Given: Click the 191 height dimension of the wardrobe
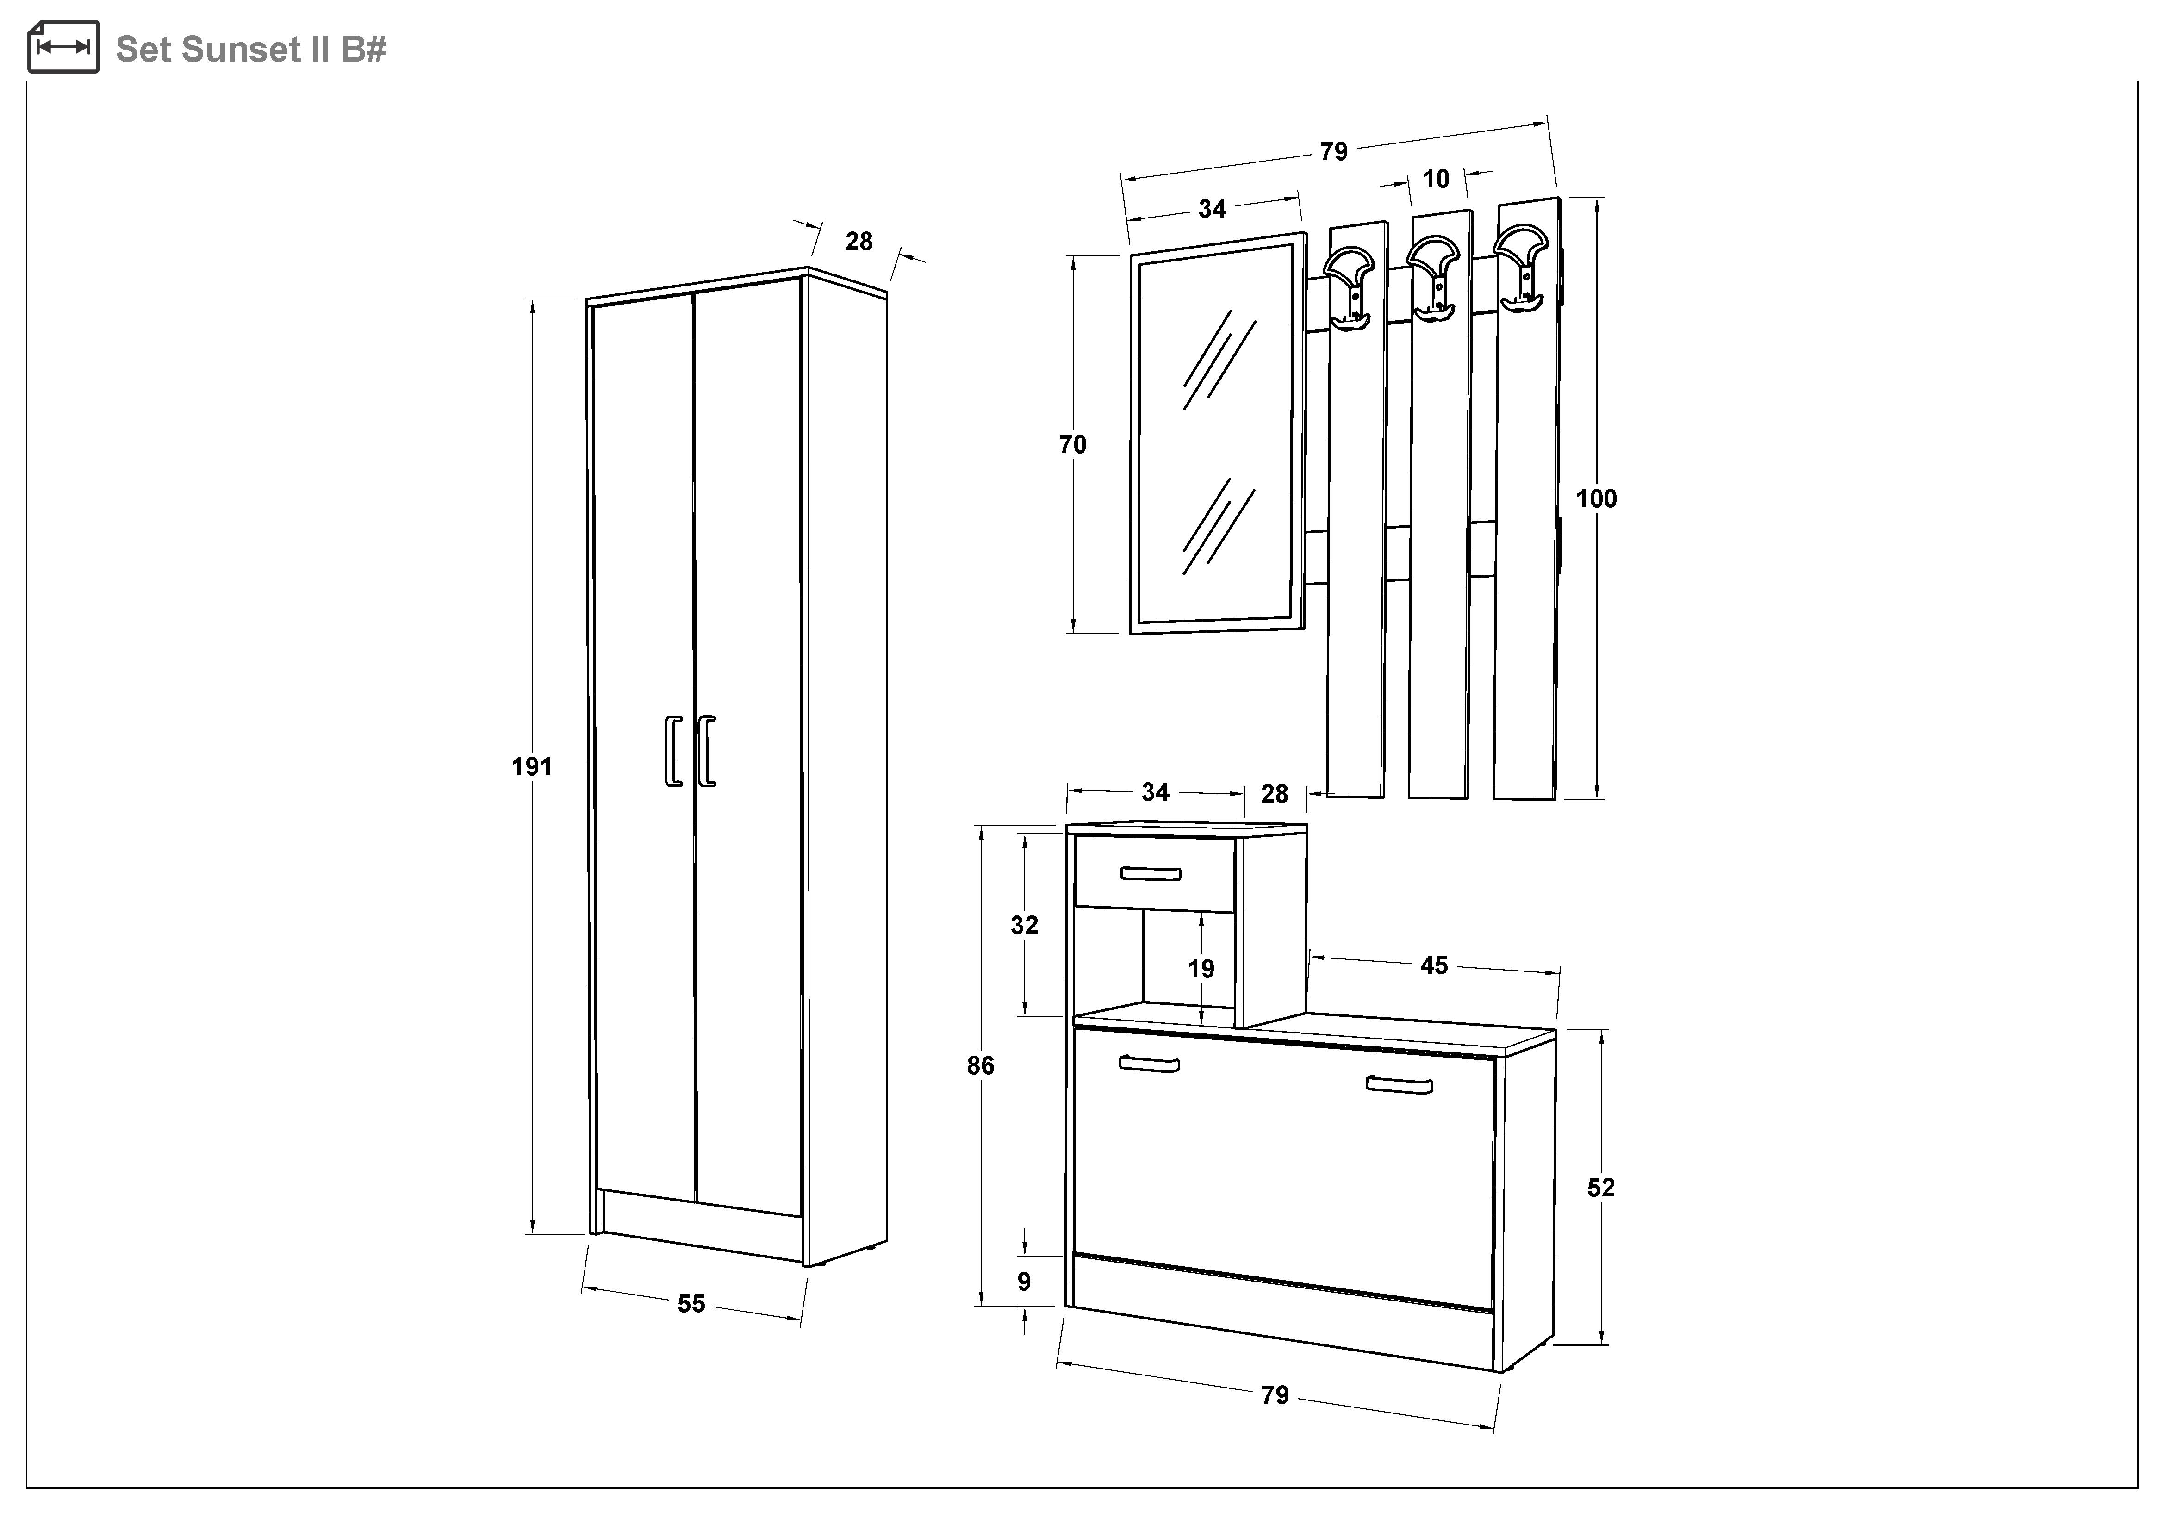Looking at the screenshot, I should [532, 766].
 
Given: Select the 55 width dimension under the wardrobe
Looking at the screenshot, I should [691, 1304].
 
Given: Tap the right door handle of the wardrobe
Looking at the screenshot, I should [706, 751].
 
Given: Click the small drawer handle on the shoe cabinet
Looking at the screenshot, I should [1151, 873].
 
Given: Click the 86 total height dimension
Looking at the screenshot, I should [981, 1065].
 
